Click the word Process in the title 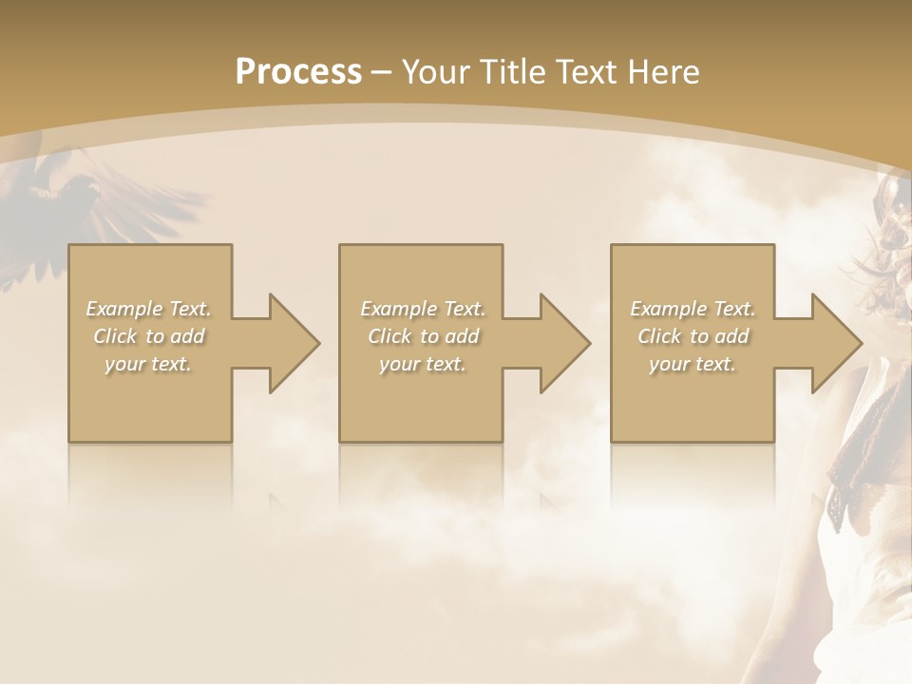tap(298, 72)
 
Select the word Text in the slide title tap(587, 72)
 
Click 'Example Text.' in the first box tap(148, 309)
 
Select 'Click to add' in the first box tap(148, 336)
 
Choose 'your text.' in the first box tap(148, 364)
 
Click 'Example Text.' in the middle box tap(422, 309)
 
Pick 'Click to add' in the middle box tap(422, 336)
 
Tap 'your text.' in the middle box tap(422, 364)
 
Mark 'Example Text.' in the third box tap(693, 309)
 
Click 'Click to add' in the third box tap(693, 336)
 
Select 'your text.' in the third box tap(693, 364)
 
